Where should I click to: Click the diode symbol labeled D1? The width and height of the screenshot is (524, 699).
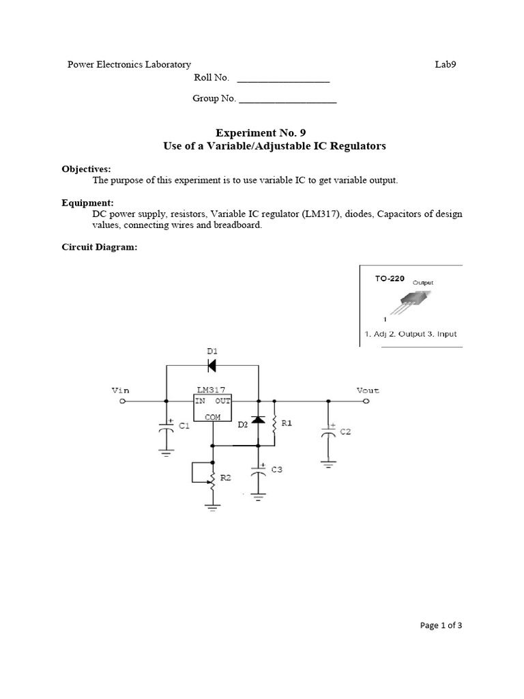[212, 367]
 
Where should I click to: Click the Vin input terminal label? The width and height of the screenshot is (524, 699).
[120, 390]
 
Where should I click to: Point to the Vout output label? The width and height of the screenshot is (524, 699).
[368, 390]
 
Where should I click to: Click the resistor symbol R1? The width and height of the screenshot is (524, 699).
[274, 424]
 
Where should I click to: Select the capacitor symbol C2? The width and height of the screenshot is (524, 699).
[328, 432]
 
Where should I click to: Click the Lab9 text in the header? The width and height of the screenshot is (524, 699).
[446, 64]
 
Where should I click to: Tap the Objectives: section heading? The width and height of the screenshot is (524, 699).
[87, 169]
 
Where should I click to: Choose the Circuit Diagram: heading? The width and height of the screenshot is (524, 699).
[100, 248]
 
